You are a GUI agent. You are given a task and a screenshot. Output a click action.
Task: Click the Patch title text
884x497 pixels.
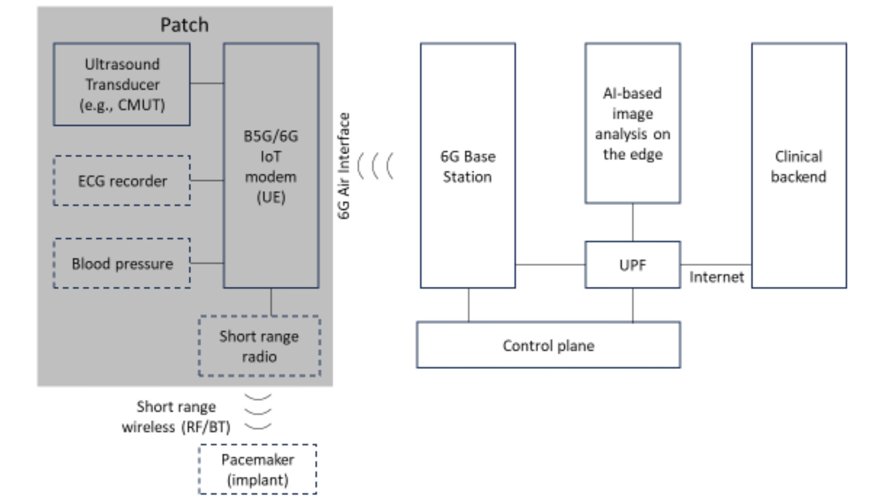[x=184, y=25]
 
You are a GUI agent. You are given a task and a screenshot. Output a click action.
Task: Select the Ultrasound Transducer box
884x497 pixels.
[x=122, y=84]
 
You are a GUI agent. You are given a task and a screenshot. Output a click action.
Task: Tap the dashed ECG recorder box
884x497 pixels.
[x=122, y=181]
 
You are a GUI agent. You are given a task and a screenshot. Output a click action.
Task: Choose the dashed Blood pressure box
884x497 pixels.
[x=122, y=264]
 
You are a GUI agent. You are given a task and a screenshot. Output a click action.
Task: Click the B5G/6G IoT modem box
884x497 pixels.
[x=271, y=166]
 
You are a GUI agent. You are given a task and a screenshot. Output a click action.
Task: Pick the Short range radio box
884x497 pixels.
[x=259, y=346]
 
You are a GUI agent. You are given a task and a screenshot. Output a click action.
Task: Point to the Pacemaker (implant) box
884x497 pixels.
[x=257, y=469]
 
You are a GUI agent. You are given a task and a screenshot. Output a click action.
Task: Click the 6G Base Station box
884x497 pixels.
[x=467, y=166]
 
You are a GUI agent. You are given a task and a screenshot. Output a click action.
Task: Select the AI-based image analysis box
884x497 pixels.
[x=632, y=123]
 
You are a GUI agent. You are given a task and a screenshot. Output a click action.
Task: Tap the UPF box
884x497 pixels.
[x=632, y=265]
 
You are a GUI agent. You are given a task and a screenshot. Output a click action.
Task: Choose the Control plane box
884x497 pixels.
[x=548, y=345]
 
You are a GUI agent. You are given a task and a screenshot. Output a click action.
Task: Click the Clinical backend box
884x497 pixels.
[x=798, y=166]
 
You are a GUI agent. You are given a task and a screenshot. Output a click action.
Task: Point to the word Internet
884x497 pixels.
[x=716, y=277]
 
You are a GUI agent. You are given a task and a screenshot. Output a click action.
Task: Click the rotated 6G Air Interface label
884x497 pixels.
[x=344, y=166]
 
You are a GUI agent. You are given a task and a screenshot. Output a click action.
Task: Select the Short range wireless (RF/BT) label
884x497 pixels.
[x=176, y=417]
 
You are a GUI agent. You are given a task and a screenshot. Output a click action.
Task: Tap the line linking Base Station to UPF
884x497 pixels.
[x=550, y=265]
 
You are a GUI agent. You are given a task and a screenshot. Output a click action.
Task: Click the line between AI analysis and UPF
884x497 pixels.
[x=632, y=222]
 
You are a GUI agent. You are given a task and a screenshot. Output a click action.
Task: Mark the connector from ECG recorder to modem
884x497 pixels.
[x=207, y=180]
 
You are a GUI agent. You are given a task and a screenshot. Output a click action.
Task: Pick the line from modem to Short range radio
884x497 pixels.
[x=271, y=302]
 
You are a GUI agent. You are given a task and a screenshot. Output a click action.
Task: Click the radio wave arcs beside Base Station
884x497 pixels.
[x=376, y=166]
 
